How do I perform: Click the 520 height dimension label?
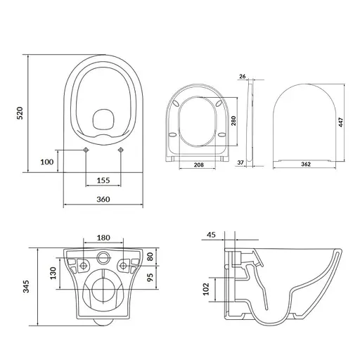(20, 112)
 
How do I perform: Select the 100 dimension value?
(47, 162)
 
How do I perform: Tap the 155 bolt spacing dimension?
(103, 181)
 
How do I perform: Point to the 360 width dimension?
(103, 200)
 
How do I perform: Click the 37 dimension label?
(242, 162)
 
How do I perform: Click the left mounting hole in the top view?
(86, 150)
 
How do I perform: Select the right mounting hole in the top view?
(120, 150)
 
